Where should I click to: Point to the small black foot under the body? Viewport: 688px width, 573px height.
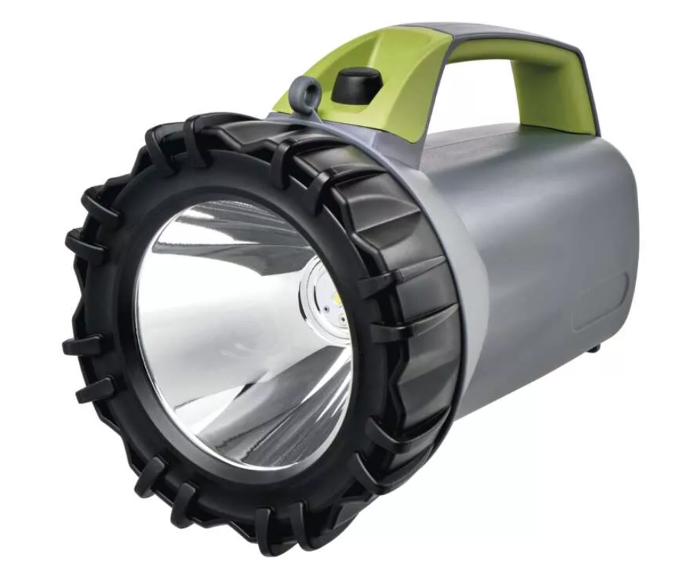(x=595, y=348)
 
